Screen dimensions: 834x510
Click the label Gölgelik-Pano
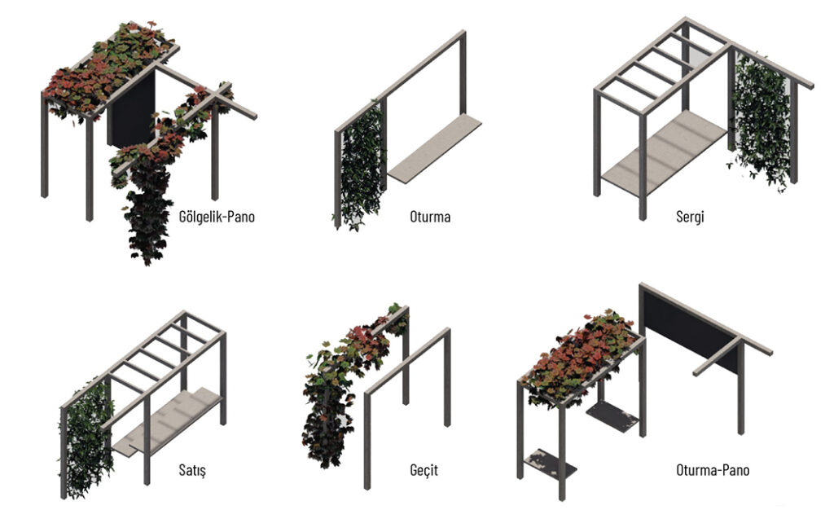pyautogui.click(x=217, y=217)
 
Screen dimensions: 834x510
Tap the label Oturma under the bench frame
pyautogui.click(x=430, y=217)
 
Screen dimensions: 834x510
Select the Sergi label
pyautogui.click(x=690, y=217)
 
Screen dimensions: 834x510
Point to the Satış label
pyautogui.click(x=192, y=471)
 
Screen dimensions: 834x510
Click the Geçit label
pyautogui.click(x=424, y=471)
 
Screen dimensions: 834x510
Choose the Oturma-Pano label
pyautogui.click(x=713, y=470)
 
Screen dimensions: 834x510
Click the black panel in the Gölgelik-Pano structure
pyautogui.click(x=130, y=109)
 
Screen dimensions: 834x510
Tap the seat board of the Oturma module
pyautogui.click(x=435, y=148)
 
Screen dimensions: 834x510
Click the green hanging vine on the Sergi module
pyautogui.click(x=760, y=120)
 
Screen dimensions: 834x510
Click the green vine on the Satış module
pyautogui.click(x=86, y=439)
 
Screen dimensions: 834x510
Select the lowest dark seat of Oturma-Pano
pyautogui.click(x=550, y=464)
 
